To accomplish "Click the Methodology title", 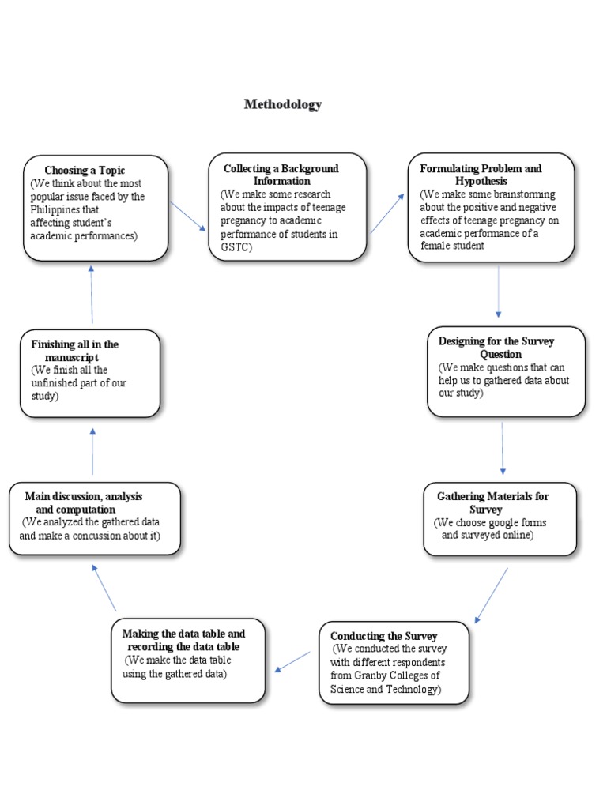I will point(283,104).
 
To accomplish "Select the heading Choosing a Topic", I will point(85,170).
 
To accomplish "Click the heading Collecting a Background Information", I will point(281,175).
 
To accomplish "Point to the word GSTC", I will point(235,246).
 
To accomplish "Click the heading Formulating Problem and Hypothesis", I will point(481,175).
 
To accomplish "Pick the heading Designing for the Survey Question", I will point(496,348).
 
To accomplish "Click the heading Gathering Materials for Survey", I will point(492,502).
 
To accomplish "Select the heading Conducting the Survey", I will point(383,636).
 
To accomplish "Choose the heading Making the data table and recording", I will point(183,640).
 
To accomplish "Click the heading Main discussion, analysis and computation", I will point(84,502).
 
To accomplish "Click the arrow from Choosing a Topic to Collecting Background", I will point(188,215).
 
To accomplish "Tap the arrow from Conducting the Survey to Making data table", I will point(292,661).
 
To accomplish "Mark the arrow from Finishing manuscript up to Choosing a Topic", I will point(92,294).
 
